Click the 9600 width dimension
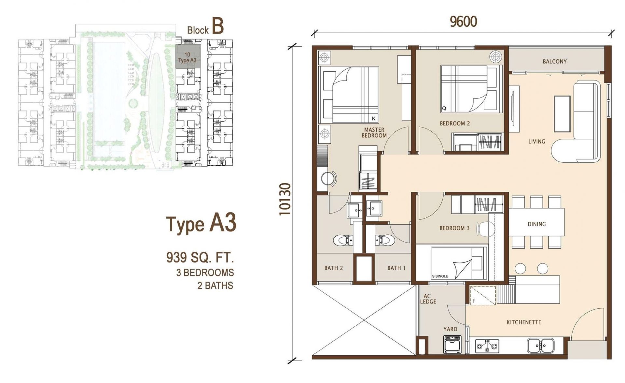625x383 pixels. pyautogui.click(x=463, y=22)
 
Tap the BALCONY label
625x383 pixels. pyautogui.click(x=555, y=61)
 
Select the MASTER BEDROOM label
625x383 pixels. pyautogui.click(x=374, y=133)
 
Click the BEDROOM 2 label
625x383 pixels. pyautogui.click(x=455, y=124)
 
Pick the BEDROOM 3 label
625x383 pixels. pyautogui.click(x=454, y=228)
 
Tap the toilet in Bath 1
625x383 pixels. pyautogui.click(x=384, y=240)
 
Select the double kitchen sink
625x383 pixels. pyautogui.click(x=541, y=345)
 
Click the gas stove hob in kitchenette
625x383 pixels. pyautogui.click(x=487, y=346)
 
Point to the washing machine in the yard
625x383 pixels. pyautogui.click(x=452, y=345)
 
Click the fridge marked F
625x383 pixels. pyautogui.click(x=482, y=295)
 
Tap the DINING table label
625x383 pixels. pyautogui.click(x=536, y=224)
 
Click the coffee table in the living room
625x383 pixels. pyautogui.click(x=562, y=114)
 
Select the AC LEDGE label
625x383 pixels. pyautogui.click(x=428, y=299)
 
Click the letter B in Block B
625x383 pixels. pyautogui.click(x=218, y=27)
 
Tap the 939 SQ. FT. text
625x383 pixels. pyautogui.click(x=200, y=258)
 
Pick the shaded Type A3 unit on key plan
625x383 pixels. pyautogui.click(x=188, y=56)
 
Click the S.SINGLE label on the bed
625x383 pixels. pyautogui.click(x=440, y=276)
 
